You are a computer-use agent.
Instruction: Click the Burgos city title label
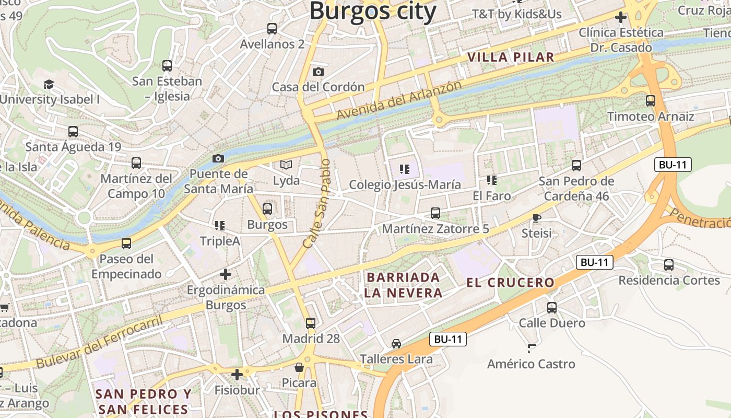373,11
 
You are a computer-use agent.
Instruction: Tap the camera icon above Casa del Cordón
318,72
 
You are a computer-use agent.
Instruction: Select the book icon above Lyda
286,165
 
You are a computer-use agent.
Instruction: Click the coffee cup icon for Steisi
536,218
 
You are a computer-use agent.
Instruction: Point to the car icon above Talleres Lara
396,344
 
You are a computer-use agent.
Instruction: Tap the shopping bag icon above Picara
299,367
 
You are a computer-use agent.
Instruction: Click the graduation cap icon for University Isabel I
49,84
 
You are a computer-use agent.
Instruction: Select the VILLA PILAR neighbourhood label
510,57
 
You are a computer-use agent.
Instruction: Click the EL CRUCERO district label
510,283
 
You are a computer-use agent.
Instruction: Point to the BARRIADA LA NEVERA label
403,285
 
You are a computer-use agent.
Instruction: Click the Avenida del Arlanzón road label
399,100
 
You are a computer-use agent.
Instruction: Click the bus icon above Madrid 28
311,323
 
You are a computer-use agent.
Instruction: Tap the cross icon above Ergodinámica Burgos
226,274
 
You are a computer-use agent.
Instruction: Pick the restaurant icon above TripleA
220,226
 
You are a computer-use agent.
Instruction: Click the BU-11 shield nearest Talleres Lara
448,339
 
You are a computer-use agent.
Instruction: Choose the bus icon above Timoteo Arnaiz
651,101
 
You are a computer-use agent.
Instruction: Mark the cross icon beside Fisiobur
237,374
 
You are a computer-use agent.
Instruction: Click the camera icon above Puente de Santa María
218,158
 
